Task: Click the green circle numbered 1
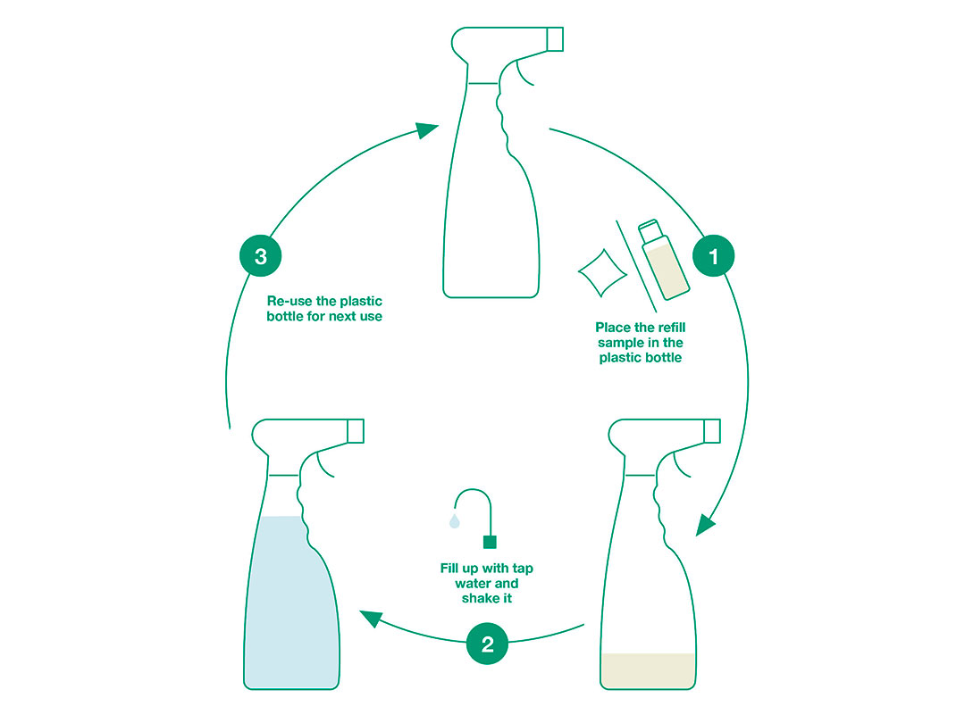coord(713,255)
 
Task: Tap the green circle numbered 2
coord(487,644)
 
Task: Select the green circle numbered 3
coord(261,255)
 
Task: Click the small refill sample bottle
coord(664,260)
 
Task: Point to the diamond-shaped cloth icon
coord(602,273)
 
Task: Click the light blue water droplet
coord(455,520)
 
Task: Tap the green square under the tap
coord(490,542)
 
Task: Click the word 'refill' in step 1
coord(670,328)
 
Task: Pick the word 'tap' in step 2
coord(523,569)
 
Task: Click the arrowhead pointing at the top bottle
coord(427,129)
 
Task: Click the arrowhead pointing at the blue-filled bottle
coord(371,618)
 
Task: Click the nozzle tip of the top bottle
coord(555,39)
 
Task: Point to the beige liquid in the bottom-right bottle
coord(647,670)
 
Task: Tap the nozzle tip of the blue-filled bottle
coord(356,431)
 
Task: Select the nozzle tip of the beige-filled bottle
coord(712,431)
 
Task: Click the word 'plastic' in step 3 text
coord(360,302)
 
